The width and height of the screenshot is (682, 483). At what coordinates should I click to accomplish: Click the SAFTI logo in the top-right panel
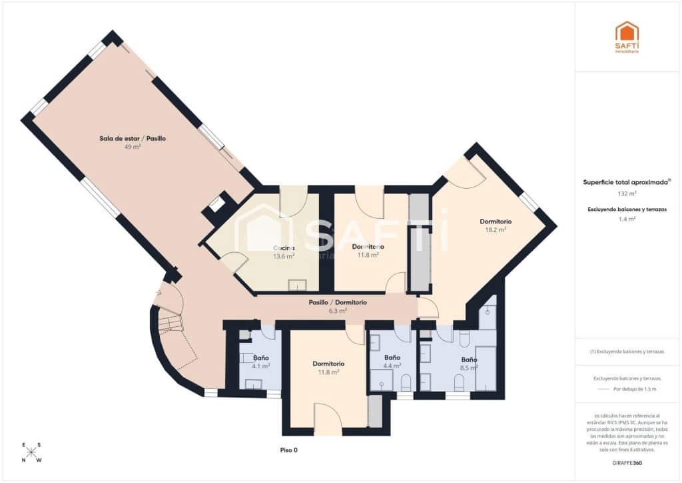click(x=627, y=37)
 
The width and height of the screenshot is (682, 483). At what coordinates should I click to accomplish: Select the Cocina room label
click(x=283, y=248)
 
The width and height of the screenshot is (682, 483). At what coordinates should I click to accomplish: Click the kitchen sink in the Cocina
click(x=297, y=286)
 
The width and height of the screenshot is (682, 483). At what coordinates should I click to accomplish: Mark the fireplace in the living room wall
click(x=216, y=204)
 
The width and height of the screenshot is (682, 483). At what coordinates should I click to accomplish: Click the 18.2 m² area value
click(x=496, y=229)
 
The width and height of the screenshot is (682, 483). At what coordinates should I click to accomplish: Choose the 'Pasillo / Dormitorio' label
click(x=338, y=302)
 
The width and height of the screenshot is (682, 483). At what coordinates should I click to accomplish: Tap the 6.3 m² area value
click(x=338, y=310)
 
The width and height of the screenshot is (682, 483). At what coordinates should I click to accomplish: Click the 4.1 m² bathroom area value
click(x=261, y=366)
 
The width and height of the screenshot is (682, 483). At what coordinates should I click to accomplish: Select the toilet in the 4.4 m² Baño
click(x=406, y=382)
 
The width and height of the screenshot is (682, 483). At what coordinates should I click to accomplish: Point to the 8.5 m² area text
click(x=469, y=367)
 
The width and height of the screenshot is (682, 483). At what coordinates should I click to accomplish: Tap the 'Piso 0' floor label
click(x=288, y=450)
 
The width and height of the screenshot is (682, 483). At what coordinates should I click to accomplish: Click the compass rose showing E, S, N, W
click(x=31, y=452)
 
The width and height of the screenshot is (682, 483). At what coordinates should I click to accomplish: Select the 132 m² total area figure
click(x=627, y=193)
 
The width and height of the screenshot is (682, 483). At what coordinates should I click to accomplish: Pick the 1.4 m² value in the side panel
click(x=627, y=219)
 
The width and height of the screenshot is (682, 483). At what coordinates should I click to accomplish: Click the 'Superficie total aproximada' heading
click(x=626, y=181)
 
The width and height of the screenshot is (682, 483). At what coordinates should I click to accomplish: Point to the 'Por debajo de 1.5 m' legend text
click(x=634, y=389)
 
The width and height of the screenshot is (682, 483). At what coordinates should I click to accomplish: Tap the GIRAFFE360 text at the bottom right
click(x=627, y=462)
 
